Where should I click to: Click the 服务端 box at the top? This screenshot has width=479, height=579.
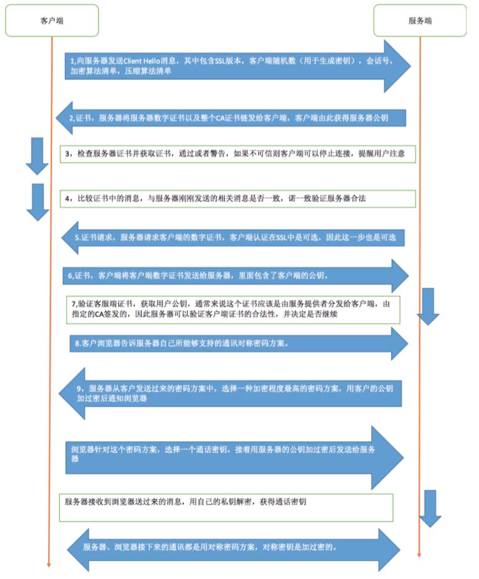(420, 20)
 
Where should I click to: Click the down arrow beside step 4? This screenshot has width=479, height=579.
(37, 201)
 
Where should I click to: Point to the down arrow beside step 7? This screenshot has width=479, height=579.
(428, 306)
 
